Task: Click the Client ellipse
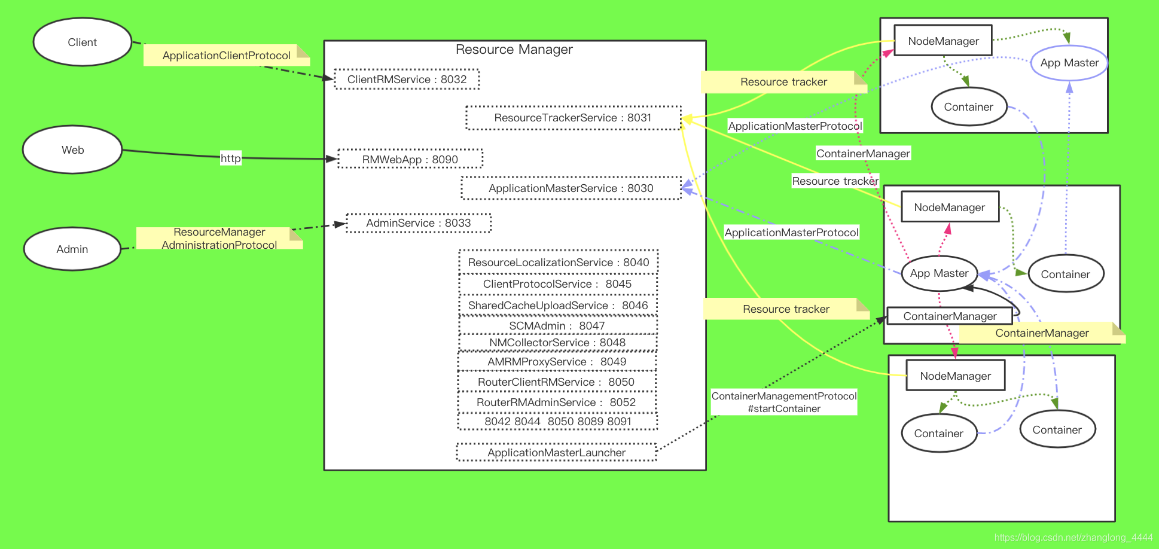point(83,42)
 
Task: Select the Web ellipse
point(72,150)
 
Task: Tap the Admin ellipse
point(72,249)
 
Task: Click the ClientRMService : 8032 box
point(407,80)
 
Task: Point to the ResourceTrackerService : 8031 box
point(573,118)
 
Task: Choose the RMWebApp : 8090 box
point(410,159)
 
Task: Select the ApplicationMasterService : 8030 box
point(571,188)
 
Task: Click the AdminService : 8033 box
point(419,223)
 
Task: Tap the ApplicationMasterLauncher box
point(556,453)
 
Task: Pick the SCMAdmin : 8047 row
point(557,326)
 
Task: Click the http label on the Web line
point(230,158)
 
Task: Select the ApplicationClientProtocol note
point(226,56)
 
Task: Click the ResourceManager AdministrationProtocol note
point(219,238)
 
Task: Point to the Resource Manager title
point(514,50)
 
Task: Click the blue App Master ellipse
point(1069,63)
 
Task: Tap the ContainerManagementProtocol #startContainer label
point(784,402)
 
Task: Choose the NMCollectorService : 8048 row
point(557,343)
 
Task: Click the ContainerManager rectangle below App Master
point(950,316)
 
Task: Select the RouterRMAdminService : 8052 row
point(556,402)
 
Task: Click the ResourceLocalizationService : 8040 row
point(559,263)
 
